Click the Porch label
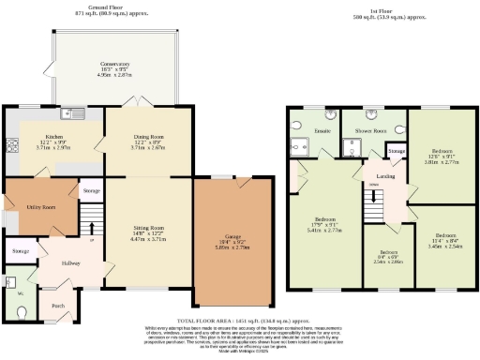[x=58, y=306]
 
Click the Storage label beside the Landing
[x=397, y=151]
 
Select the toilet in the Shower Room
[x=400, y=131]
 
